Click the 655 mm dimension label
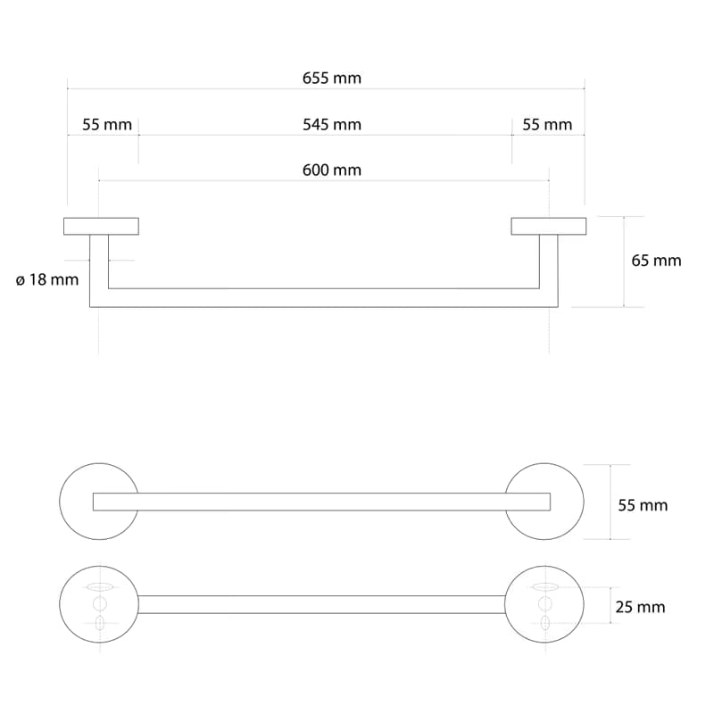pyautogui.click(x=331, y=79)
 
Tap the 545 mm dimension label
pyautogui.click(x=331, y=125)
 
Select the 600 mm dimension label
pyautogui.click(x=331, y=170)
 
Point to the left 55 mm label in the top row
pyautogui.click(x=107, y=125)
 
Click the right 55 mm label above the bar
pyautogui.click(x=547, y=125)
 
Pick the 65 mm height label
pyautogui.click(x=656, y=261)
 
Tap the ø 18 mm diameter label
pyautogui.click(x=47, y=279)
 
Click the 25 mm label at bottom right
pyautogui.click(x=640, y=608)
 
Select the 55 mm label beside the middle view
pyautogui.click(x=643, y=505)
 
